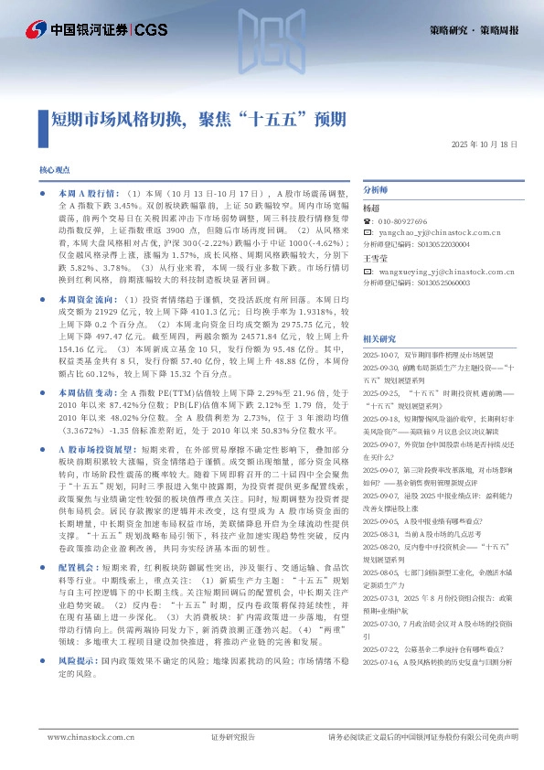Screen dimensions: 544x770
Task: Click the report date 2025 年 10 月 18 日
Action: point(485,145)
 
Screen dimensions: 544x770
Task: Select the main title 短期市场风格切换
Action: point(115,118)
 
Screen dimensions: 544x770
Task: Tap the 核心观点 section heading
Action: point(54,171)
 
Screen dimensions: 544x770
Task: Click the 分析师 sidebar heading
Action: point(376,189)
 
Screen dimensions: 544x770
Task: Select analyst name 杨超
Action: point(370,208)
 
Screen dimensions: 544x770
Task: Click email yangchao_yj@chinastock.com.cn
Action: point(439,233)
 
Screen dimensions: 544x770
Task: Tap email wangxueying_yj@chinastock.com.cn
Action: point(443,272)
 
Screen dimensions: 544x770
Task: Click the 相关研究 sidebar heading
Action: point(379,337)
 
